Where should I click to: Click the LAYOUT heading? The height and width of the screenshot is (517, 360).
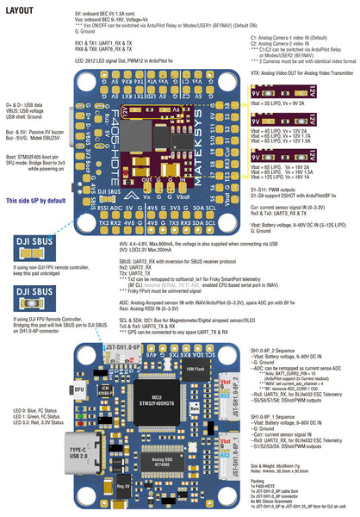pos(19,10)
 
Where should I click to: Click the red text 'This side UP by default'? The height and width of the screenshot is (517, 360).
pos(36,200)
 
